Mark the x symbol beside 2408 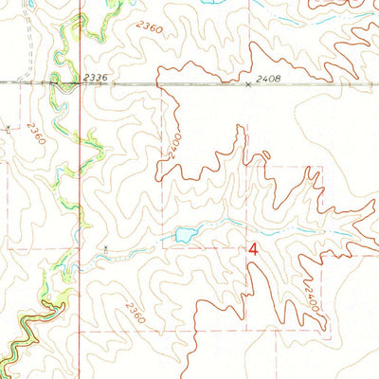point(249,84)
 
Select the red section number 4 point(253,249)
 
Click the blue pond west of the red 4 point(184,233)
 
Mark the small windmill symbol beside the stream point(106,249)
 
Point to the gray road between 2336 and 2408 point(171,83)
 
